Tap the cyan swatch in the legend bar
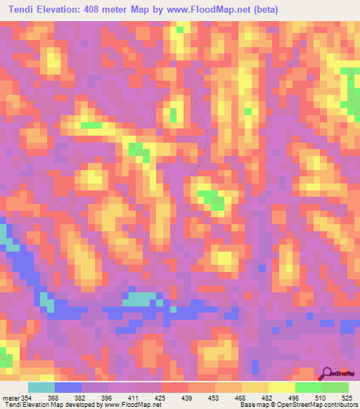coord(41,387)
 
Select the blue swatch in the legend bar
coord(68,387)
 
